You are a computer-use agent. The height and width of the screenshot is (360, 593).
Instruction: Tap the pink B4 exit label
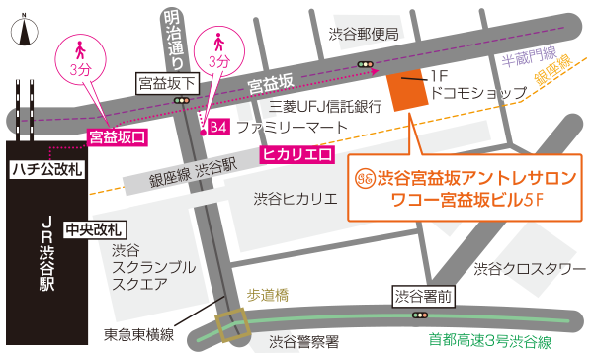(218, 128)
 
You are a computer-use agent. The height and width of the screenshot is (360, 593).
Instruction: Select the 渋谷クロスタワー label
(523, 269)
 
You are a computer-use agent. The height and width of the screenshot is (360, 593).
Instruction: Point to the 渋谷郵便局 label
(363, 34)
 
